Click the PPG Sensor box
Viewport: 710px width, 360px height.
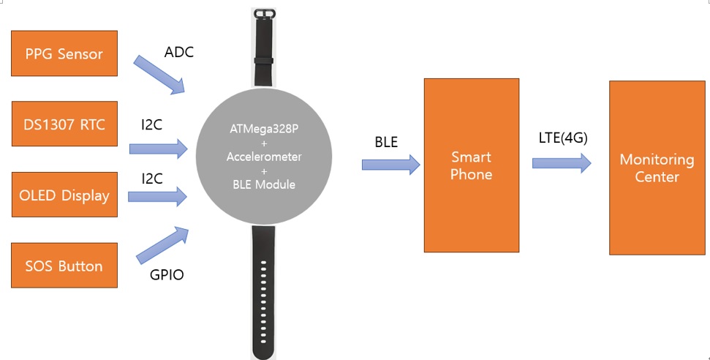tap(64, 53)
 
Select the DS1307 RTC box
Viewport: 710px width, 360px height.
tap(64, 124)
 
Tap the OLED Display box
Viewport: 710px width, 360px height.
tap(64, 195)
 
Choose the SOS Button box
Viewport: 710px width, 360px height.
tap(64, 265)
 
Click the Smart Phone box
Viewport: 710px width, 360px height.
tap(472, 165)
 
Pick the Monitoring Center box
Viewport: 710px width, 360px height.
tap(657, 168)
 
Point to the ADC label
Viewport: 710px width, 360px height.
tap(179, 52)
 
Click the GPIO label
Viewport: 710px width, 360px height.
tap(167, 275)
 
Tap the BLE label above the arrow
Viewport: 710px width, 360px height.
tap(386, 142)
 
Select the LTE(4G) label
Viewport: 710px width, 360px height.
tap(563, 138)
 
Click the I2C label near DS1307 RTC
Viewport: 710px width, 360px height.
tap(151, 124)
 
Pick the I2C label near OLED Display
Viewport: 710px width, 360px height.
tap(151, 179)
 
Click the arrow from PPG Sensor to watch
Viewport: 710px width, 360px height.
tap(159, 75)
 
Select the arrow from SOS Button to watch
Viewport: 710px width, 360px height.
tap(162, 245)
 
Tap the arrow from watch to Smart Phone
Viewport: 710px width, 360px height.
tap(390, 164)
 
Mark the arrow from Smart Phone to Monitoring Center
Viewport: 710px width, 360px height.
tap(562, 162)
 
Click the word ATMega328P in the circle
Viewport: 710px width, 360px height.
tap(264, 129)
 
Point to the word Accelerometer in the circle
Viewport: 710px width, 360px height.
tap(264, 157)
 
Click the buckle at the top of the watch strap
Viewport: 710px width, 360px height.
tap(264, 14)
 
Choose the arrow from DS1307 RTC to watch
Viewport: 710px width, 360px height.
tap(159, 149)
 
